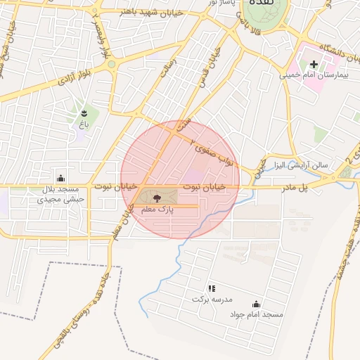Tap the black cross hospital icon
(x=314, y=64)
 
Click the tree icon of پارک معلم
(x=157, y=199)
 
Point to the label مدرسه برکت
(x=212, y=300)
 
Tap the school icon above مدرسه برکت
(x=211, y=288)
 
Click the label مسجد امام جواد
(x=256, y=314)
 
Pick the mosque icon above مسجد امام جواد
(x=256, y=304)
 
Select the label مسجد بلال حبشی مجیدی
(x=61, y=194)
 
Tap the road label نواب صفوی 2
(x=214, y=150)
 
